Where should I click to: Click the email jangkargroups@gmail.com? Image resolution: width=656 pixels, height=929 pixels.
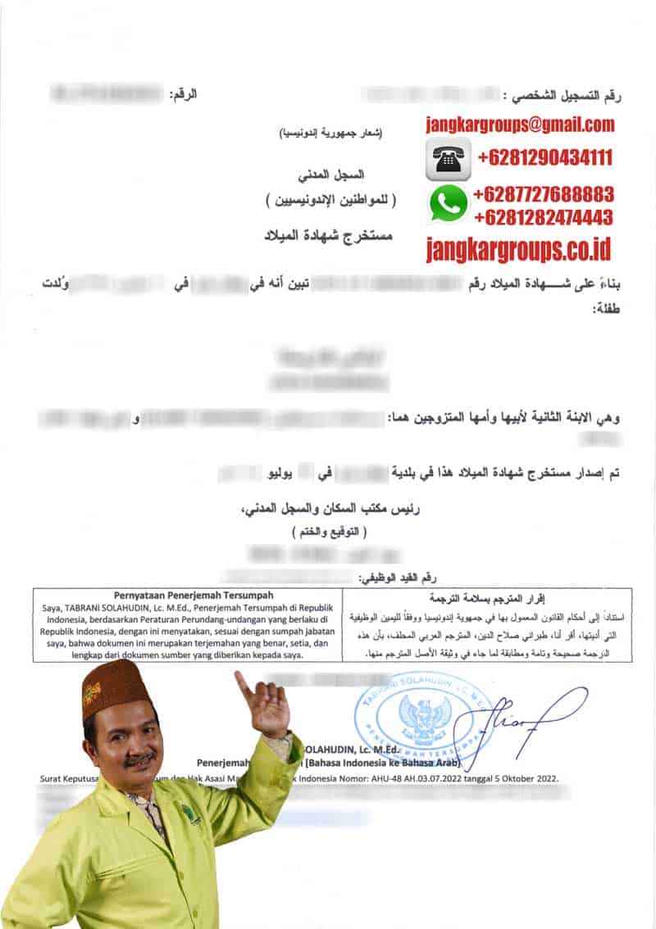[520, 125]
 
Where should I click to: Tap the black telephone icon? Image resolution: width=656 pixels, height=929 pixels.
[448, 158]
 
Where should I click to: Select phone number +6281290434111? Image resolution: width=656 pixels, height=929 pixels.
[544, 157]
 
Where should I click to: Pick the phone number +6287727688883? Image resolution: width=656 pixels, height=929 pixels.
[543, 195]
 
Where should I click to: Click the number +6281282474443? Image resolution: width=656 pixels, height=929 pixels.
[543, 218]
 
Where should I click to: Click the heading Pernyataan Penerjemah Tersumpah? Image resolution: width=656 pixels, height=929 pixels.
[188, 596]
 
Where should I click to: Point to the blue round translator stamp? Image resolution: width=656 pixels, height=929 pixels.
[423, 712]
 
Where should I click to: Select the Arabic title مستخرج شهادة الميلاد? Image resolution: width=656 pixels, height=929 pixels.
[328, 236]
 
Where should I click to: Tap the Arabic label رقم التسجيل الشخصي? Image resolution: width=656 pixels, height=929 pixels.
[566, 96]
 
